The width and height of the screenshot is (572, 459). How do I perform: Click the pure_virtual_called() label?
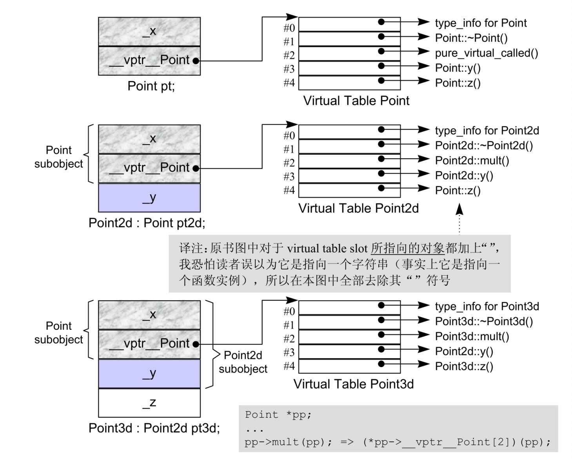point(487,53)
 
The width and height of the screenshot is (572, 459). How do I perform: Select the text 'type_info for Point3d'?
point(487,306)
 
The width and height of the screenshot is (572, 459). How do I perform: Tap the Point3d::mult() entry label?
point(472,336)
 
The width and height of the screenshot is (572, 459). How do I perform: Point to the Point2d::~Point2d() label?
point(484,146)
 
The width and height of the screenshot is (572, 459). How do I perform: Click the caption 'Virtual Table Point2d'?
point(358,208)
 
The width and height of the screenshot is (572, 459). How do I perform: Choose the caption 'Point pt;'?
point(151,86)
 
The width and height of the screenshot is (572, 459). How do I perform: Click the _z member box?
point(149,402)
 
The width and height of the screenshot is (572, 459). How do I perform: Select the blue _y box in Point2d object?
point(149,198)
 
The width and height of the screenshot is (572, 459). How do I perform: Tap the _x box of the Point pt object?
point(149,31)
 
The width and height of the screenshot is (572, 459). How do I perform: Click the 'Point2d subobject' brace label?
point(243,362)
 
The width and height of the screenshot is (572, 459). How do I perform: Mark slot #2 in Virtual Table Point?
point(350,53)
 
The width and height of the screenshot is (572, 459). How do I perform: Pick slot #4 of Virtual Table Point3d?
point(350,366)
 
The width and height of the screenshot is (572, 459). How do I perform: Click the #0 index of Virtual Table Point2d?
point(289,135)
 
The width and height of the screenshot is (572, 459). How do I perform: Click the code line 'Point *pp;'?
point(278,415)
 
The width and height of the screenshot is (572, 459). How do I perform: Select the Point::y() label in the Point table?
point(458,68)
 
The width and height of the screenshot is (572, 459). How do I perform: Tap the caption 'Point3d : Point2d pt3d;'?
point(154,428)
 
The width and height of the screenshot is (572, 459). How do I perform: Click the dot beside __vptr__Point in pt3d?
point(196,344)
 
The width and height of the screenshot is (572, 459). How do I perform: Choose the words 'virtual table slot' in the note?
point(327,249)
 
